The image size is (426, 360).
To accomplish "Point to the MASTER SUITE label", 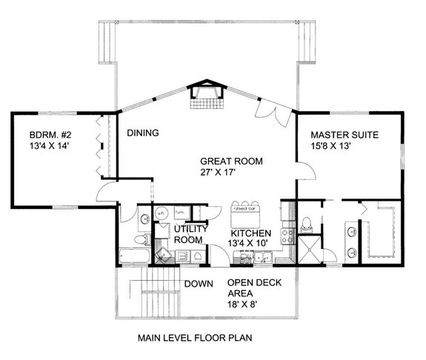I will [x=345, y=135].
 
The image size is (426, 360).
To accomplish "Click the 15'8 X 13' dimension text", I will [x=345, y=147].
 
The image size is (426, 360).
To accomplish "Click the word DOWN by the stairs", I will [x=199, y=284].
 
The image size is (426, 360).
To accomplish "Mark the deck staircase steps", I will [x=156, y=296].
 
